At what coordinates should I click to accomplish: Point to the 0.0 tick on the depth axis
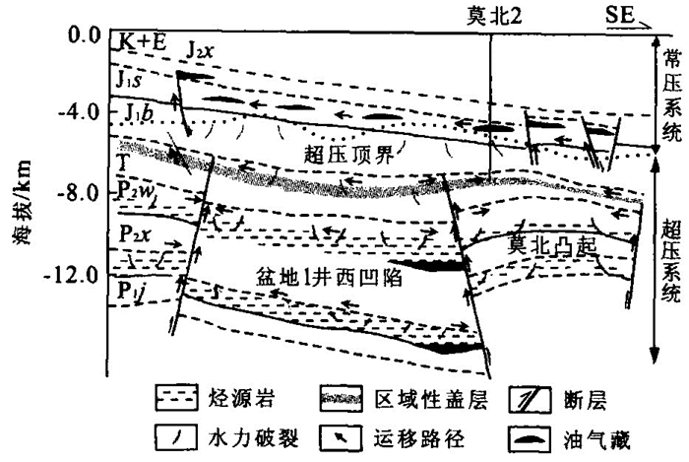point(83,36)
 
